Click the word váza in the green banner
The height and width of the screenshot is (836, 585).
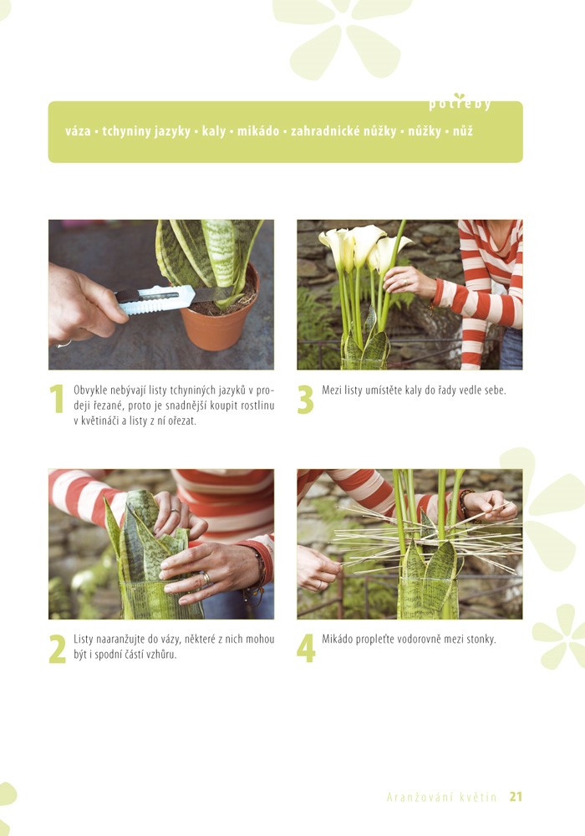click(78, 131)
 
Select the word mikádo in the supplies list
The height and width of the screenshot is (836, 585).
click(258, 131)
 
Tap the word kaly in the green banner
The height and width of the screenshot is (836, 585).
click(214, 132)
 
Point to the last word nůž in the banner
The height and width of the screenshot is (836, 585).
click(463, 131)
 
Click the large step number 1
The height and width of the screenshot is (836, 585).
click(57, 399)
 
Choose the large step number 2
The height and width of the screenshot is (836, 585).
click(57, 649)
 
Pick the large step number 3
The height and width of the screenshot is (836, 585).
click(305, 400)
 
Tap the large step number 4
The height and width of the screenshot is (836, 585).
click(306, 649)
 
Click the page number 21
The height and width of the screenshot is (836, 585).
click(516, 797)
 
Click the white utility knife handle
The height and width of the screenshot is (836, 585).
click(155, 299)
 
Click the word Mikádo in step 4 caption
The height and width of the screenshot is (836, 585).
click(338, 639)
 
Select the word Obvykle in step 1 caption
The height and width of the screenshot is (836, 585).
click(90, 390)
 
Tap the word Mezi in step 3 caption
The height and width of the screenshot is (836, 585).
click(332, 390)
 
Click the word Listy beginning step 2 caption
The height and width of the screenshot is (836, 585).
click(84, 640)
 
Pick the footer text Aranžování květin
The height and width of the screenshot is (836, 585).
click(442, 797)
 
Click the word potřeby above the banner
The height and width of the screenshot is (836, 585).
click(460, 103)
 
